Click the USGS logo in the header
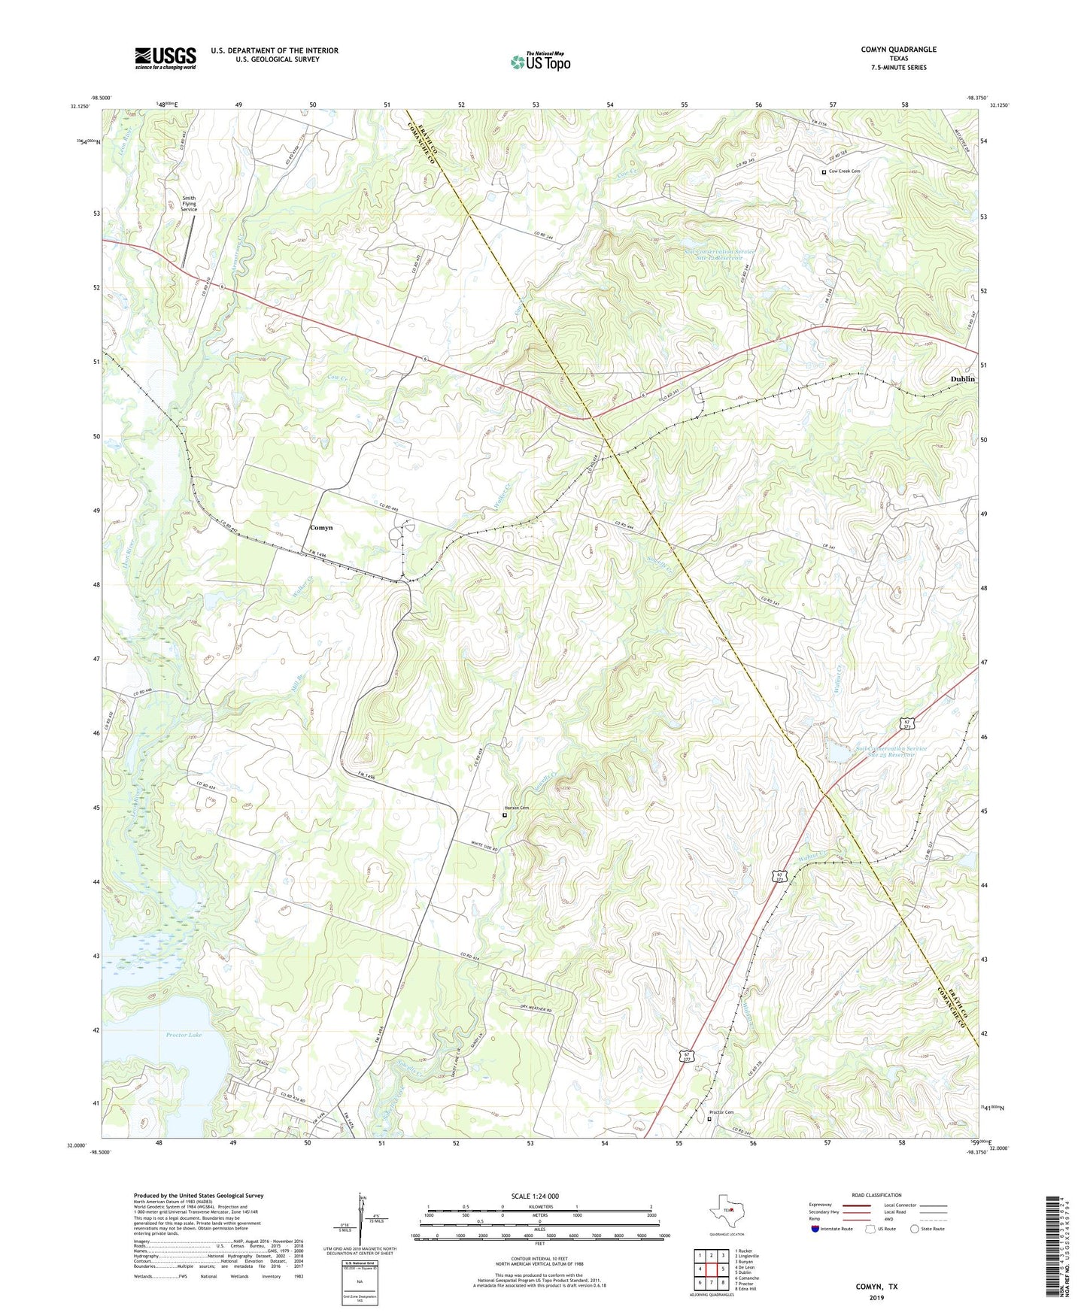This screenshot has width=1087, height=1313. [x=165, y=58]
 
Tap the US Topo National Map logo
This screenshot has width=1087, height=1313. [x=540, y=62]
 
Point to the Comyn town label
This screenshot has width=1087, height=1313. [x=321, y=528]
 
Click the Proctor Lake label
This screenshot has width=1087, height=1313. [x=184, y=1036]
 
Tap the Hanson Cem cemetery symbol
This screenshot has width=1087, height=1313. [x=505, y=814]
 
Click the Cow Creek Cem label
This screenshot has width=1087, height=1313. [x=844, y=171]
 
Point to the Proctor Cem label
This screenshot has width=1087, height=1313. [x=721, y=1112]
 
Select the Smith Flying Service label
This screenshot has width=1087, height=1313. [x=188, y=204]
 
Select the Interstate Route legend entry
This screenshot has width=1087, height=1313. [x=832, y=1229]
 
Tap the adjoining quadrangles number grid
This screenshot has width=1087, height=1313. [x=711, y=1269]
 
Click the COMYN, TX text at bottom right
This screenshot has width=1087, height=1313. [x=876, y=1287]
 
